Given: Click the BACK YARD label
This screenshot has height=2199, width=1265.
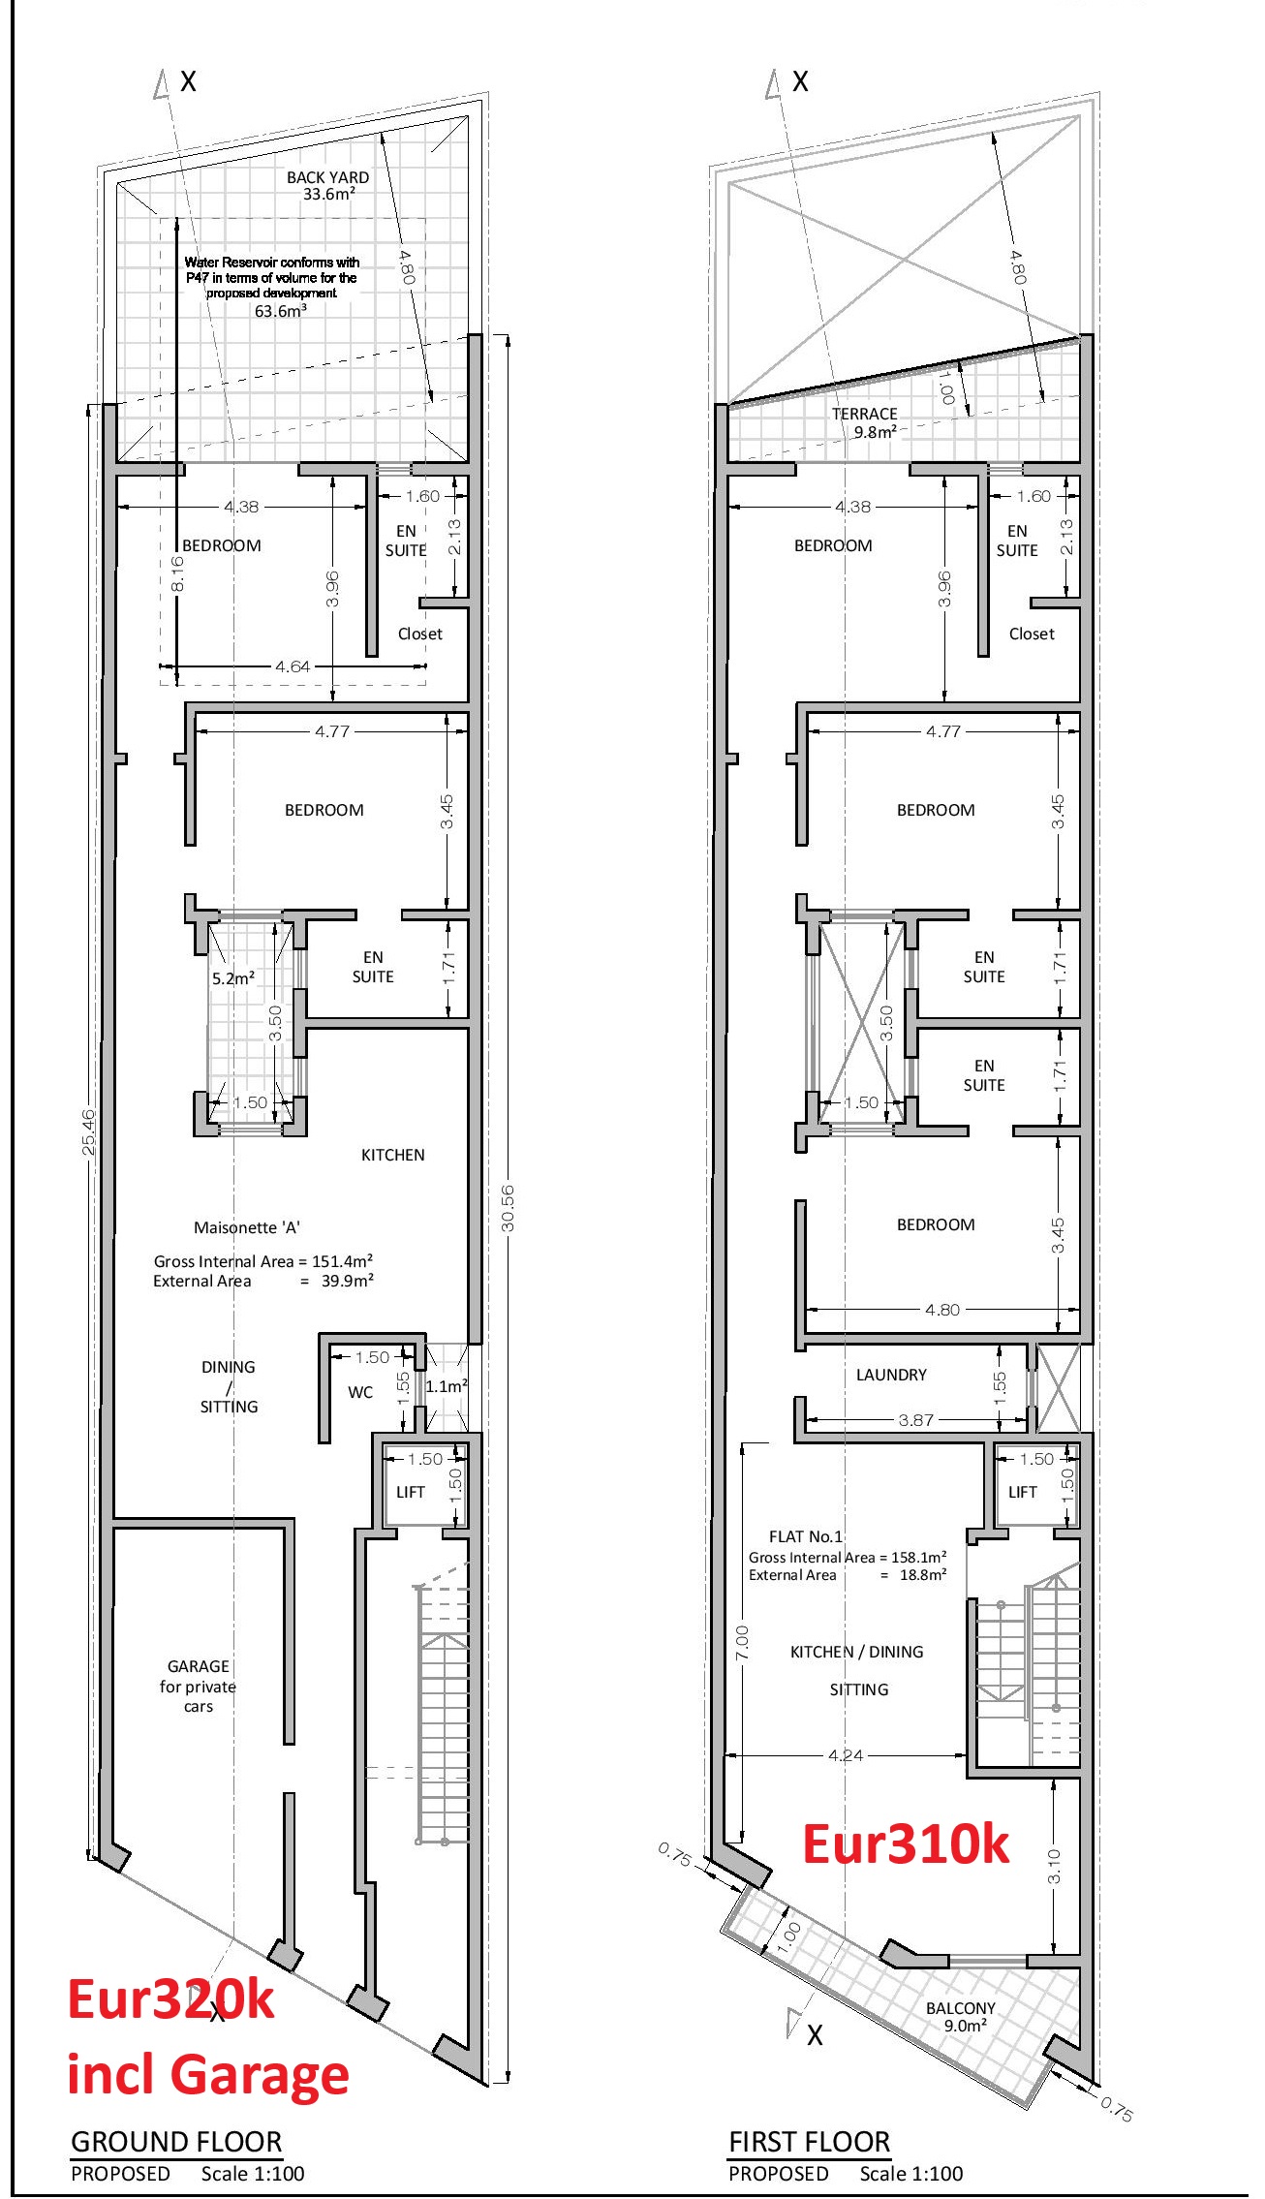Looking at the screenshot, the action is [x=327, y=177].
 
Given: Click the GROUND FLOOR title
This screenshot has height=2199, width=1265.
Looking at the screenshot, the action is [x=176, y=2141].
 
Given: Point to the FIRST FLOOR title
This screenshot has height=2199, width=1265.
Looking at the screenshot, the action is [x=809, y=2141].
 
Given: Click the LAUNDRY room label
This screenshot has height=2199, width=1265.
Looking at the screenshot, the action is [x=891, y=1375].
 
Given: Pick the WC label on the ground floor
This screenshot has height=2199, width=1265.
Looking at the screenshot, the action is [x=360, y=1392].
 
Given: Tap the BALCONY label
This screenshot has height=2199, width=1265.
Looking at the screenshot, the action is [x=960, y=2008].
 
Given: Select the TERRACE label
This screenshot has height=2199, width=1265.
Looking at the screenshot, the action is [x=864, y=414].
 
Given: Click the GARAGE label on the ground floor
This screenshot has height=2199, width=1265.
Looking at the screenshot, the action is [x=199, y=1666].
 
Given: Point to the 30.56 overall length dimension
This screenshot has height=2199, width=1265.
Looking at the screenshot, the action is [x=508, y=1208].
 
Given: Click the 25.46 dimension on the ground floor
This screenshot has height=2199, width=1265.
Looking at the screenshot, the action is [x=88, y=1132].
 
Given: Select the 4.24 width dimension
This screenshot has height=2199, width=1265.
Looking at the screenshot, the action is [x=846, y=1754].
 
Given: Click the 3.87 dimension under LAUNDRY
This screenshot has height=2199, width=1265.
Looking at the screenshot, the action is [x=915, y=1420].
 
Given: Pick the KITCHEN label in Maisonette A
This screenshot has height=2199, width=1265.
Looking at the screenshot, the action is [x=392, y=1155].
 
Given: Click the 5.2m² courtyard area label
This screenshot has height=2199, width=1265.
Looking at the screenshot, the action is [x=233, y=978].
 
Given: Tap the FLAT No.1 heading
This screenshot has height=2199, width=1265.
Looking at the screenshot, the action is [x=806, y=1536].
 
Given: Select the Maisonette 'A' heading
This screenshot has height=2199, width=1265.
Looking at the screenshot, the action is [x=247, y=1227].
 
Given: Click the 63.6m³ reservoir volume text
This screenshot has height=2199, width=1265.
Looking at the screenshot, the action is [x=281, y=311].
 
